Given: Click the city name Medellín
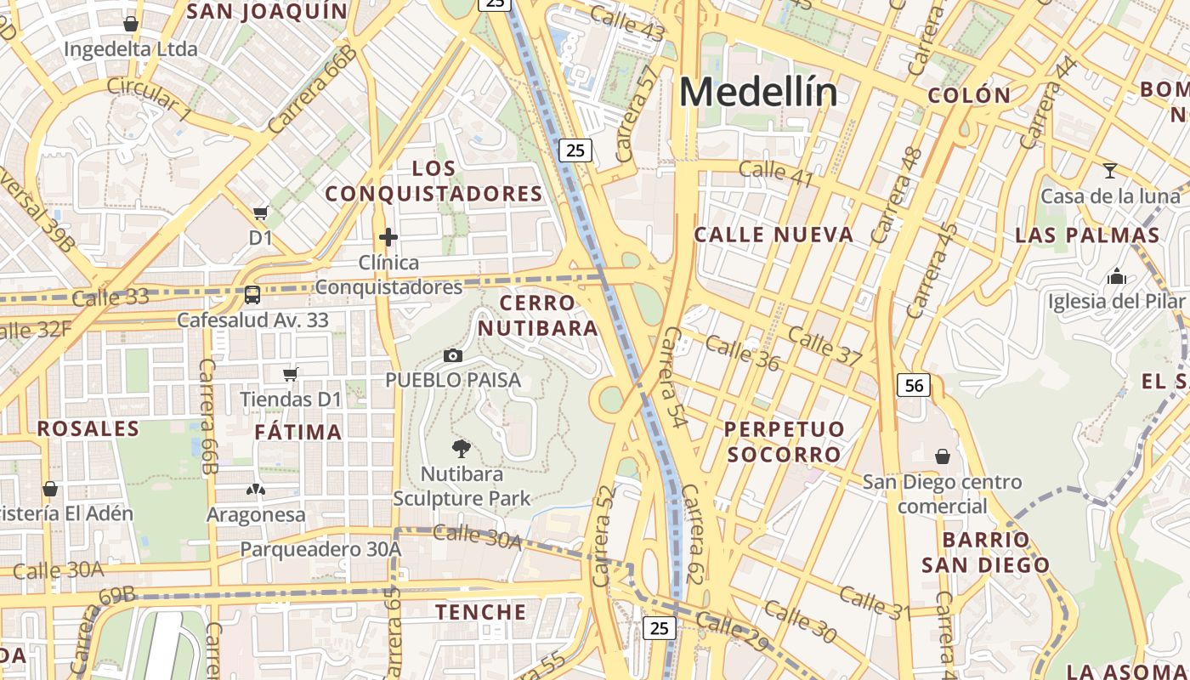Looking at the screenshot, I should point(758,92).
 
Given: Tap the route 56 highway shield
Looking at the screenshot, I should point(914,385).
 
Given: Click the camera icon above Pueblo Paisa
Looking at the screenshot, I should point(453,355).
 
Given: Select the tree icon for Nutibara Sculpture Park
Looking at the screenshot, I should point(462,448).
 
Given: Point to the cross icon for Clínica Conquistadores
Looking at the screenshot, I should point(388,236).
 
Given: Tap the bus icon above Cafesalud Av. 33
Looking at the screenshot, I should point(252,295).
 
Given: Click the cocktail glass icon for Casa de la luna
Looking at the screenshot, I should point(1109,170).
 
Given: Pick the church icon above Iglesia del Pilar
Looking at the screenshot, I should point(1116,276).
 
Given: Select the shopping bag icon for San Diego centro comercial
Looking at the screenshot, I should point(942,456).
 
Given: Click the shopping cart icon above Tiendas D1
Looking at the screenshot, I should point(291,373).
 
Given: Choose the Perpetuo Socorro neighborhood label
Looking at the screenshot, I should point(784,441).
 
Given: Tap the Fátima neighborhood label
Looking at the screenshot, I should point(298,432).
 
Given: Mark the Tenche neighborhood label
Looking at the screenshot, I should point(481,612).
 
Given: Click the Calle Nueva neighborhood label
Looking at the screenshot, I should point(773,235).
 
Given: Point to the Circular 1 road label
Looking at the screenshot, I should point(150,99).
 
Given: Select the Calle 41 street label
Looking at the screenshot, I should point(775,174).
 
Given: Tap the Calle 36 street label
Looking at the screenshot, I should point(742,353).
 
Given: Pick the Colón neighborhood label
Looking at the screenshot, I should point(969,95).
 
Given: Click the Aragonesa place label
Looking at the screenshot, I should point(256,515).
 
